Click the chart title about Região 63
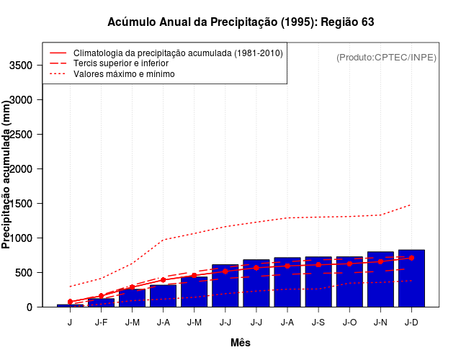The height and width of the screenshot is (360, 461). tap(241, 22)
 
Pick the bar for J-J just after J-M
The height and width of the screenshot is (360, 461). tap(225, 286)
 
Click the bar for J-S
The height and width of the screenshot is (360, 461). tap(318, 282)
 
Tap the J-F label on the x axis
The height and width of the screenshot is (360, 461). tap(101, 322)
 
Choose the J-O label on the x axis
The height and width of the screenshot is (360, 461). tap(349, 322)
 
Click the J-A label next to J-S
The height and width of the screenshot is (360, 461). tap(287, 322)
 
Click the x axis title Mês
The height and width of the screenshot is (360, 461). tap(241, 343)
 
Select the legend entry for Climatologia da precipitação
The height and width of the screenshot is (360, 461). tap(178, 53)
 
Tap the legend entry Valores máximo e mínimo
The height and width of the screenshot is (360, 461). tap(124, 73)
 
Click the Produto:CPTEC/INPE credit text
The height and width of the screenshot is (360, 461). tap(386, 57)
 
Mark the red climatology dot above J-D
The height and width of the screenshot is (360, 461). tap(411, 258)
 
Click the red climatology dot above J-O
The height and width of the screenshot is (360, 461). tap(349, 264)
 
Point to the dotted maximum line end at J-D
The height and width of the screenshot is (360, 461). tap(411, 204)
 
